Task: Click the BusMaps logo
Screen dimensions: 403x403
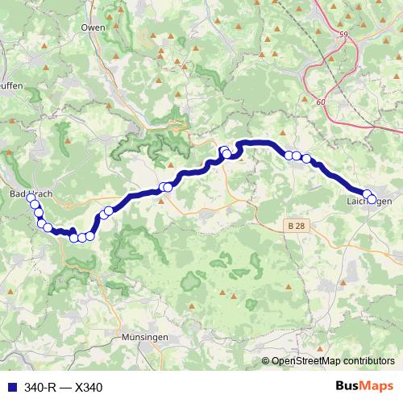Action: tap(364, 387)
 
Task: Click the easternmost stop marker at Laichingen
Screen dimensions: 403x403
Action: tap(372, 198)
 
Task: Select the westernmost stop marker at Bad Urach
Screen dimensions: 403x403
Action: tap(31, 197)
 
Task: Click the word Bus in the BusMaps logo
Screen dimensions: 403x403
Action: tap(348, 387)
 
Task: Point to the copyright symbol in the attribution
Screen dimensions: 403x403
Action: tap(265, 361)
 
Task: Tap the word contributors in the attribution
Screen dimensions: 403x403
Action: tap(370, 361)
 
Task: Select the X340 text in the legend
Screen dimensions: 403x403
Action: tap(89, 388)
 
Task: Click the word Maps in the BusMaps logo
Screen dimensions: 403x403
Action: tap(377, 387)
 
